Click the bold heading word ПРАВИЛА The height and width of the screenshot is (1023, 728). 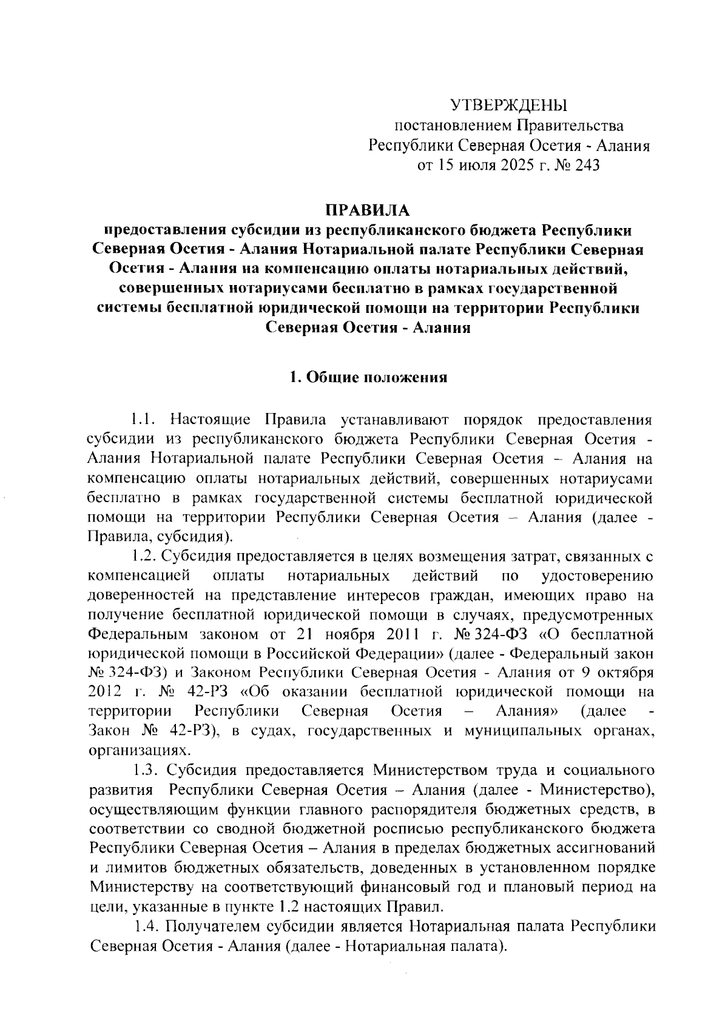pyautogui.click(x=368, y=210)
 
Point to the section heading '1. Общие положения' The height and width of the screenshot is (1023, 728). pyautogui.click(x=368, y=378)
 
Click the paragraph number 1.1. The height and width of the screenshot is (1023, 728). pyautogui.click(x=145, y=420)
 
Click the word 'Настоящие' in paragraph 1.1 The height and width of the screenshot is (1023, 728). pyautogui.click(x=210, y=420)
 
